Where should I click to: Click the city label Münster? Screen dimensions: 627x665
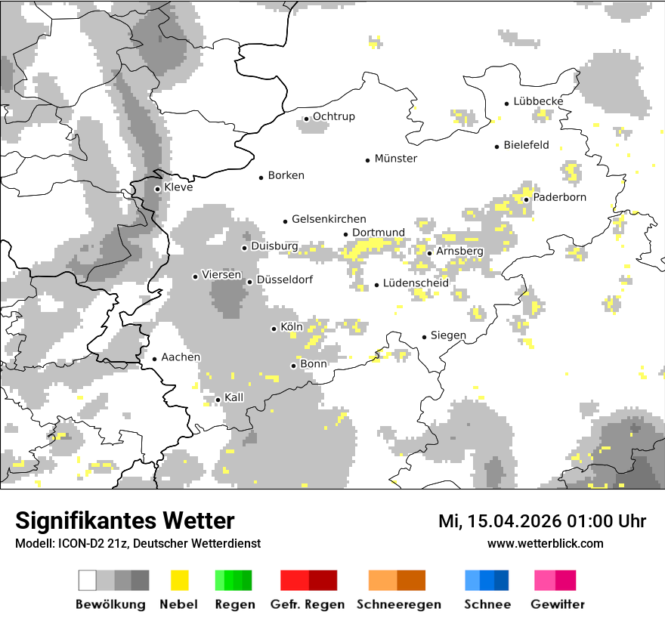396,159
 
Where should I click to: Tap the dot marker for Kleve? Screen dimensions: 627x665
157,189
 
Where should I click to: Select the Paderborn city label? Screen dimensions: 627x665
559,197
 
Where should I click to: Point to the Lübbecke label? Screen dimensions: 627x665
538,101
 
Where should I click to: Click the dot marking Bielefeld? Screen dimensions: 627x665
496,147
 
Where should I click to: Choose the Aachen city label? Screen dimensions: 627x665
181,357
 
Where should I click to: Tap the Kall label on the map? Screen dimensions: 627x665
234,397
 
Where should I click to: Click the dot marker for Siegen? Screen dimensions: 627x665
425,337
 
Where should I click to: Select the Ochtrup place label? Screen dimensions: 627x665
333,116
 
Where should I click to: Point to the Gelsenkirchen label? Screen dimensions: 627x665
329,219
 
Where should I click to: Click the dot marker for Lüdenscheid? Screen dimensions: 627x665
376,285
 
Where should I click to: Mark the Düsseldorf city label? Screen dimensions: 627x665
284,280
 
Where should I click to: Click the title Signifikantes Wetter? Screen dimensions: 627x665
125,520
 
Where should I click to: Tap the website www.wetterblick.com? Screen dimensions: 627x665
545,543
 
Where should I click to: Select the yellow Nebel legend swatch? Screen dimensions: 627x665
179,580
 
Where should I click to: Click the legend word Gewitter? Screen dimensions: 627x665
557,604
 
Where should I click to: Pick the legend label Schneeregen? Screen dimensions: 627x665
398,604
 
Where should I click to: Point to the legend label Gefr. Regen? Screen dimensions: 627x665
307,604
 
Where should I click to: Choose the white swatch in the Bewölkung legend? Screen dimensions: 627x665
88,580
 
